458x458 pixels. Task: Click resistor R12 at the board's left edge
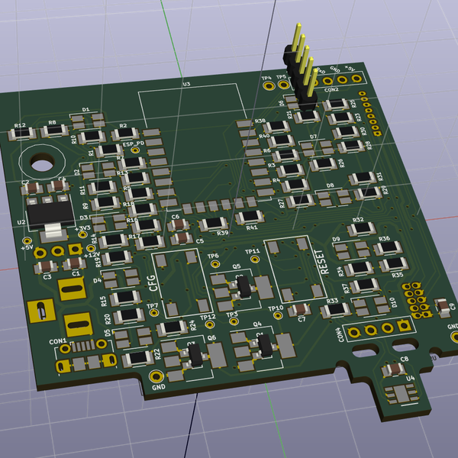coord(21,134)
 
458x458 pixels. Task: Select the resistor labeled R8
coord(54,132)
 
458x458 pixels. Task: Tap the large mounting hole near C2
coord(40,162)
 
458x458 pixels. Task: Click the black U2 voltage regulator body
coord(47,211)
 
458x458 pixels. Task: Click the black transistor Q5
coord(243,286)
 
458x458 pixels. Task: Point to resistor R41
coord(249,219)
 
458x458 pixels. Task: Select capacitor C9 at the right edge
coord(442,306)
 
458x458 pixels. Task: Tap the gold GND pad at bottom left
coord(156,376)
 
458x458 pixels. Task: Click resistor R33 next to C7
coord(333,310)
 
